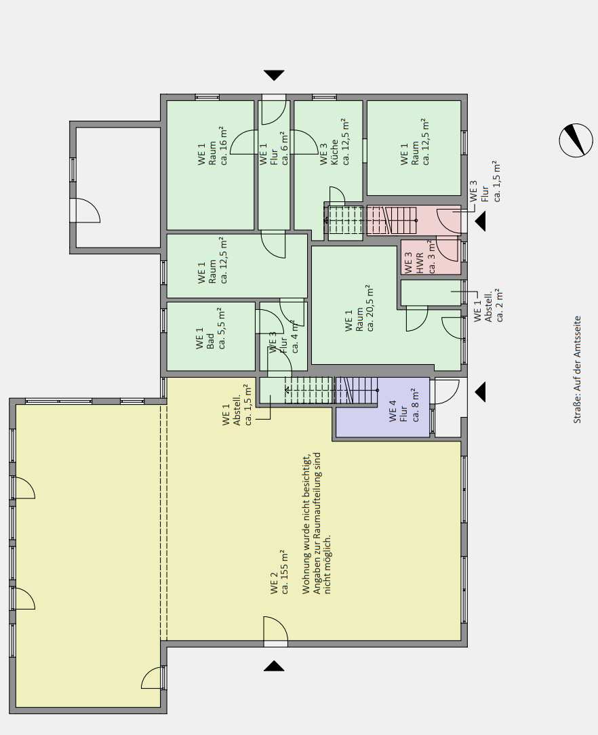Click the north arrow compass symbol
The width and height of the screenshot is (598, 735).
tap(576, 140)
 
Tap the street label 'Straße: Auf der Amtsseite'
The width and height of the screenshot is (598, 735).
tap(577, 370)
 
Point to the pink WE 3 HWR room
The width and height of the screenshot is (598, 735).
tap(431, 257)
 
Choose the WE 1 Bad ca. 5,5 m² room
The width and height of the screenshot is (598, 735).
tap(211, 336)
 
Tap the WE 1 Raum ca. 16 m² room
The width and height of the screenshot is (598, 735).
tap(210, 165)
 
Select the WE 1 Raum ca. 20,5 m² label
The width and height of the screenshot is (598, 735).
tap(359, 309)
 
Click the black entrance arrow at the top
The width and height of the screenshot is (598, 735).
tap(274, 75)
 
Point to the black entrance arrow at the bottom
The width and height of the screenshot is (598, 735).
tap(274, 666)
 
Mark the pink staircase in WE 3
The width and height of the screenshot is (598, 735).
tap(392, 220)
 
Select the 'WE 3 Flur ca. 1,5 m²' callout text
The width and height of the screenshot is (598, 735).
tap(485, 182)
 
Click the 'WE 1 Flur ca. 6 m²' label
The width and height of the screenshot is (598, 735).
tap(274, 148)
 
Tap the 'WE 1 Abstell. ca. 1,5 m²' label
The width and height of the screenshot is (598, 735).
tap(237, 405)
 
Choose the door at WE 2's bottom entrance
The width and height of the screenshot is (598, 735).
tap(275, 631)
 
